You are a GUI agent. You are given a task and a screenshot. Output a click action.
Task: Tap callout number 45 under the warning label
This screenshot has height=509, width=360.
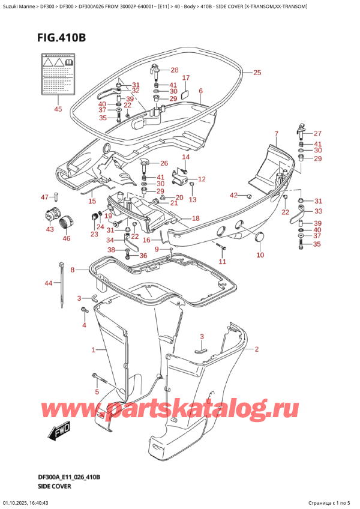click(x=58, y=109)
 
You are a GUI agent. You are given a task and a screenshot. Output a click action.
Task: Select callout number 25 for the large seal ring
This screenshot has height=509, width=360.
click(x=257, y=73)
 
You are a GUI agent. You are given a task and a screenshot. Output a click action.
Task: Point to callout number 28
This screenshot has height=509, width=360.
click(x=174, y=70)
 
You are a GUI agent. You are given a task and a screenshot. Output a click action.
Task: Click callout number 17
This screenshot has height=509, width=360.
click(x=185, y=78)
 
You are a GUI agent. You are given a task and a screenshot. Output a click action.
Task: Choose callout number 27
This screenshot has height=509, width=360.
click(x=317, y=133)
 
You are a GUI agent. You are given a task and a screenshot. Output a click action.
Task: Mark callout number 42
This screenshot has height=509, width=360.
click(x=235, y=194)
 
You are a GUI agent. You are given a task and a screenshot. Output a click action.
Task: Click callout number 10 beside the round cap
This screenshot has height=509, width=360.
click(x=260, y=255)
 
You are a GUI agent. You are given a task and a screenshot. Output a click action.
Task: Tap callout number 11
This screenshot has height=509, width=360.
click(x=223, y=262)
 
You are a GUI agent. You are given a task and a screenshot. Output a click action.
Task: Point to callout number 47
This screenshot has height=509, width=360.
click(x=44, y=197)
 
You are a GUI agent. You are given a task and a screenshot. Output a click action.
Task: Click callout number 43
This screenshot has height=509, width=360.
click(x=50, y=229)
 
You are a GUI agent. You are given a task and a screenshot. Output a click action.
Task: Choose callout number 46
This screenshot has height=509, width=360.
click(x=66, y=238)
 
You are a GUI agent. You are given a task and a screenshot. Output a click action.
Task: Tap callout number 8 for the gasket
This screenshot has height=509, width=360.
click(x=73, y=270)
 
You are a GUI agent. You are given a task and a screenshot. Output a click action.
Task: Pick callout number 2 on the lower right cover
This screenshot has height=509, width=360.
click(x=256, y=349)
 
